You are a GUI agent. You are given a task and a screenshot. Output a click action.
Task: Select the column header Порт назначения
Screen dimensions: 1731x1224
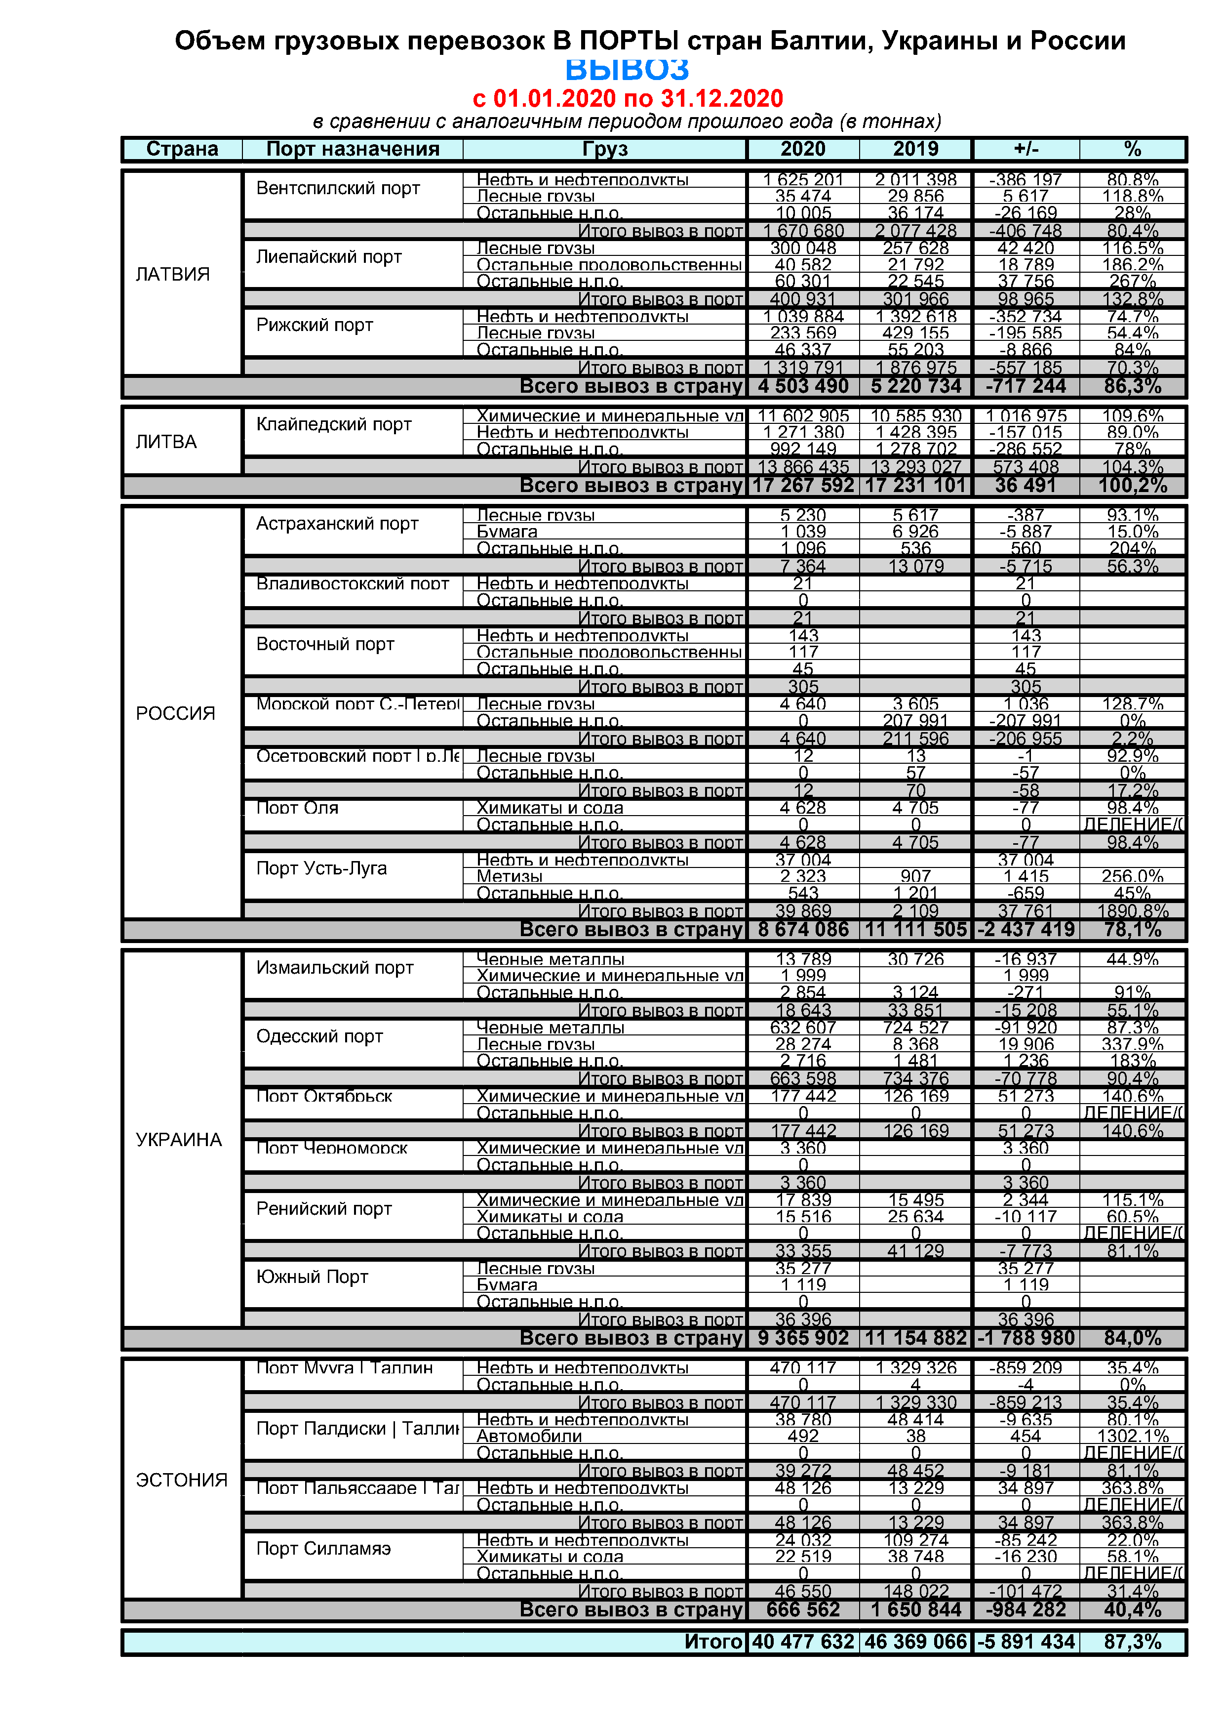coord(353,149)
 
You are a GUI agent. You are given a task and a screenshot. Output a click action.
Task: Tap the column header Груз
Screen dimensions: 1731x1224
coord(604,149)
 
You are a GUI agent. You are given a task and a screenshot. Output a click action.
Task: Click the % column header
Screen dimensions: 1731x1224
coord(1132,149)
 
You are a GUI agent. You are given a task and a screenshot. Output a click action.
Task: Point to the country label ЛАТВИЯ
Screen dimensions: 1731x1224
coord(173,275)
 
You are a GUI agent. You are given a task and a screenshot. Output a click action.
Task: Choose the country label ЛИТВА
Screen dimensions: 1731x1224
coord(166,442)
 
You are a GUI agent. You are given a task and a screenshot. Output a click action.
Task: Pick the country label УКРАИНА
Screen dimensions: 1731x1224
coord(179,1139)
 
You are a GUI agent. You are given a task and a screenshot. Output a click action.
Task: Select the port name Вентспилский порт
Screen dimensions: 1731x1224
coord(338,189)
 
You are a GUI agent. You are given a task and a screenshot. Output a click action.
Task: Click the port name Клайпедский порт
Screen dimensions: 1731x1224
coord(333,424)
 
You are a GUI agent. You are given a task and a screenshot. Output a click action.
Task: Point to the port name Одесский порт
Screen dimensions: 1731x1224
coord(319,1036)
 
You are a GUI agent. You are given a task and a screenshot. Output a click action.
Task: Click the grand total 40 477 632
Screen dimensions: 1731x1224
coord(803,1642)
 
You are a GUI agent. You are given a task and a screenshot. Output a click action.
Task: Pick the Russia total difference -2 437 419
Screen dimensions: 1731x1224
coord(1026,930)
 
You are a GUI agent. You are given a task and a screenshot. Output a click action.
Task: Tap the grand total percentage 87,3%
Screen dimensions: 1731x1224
coord(1132,1642)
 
